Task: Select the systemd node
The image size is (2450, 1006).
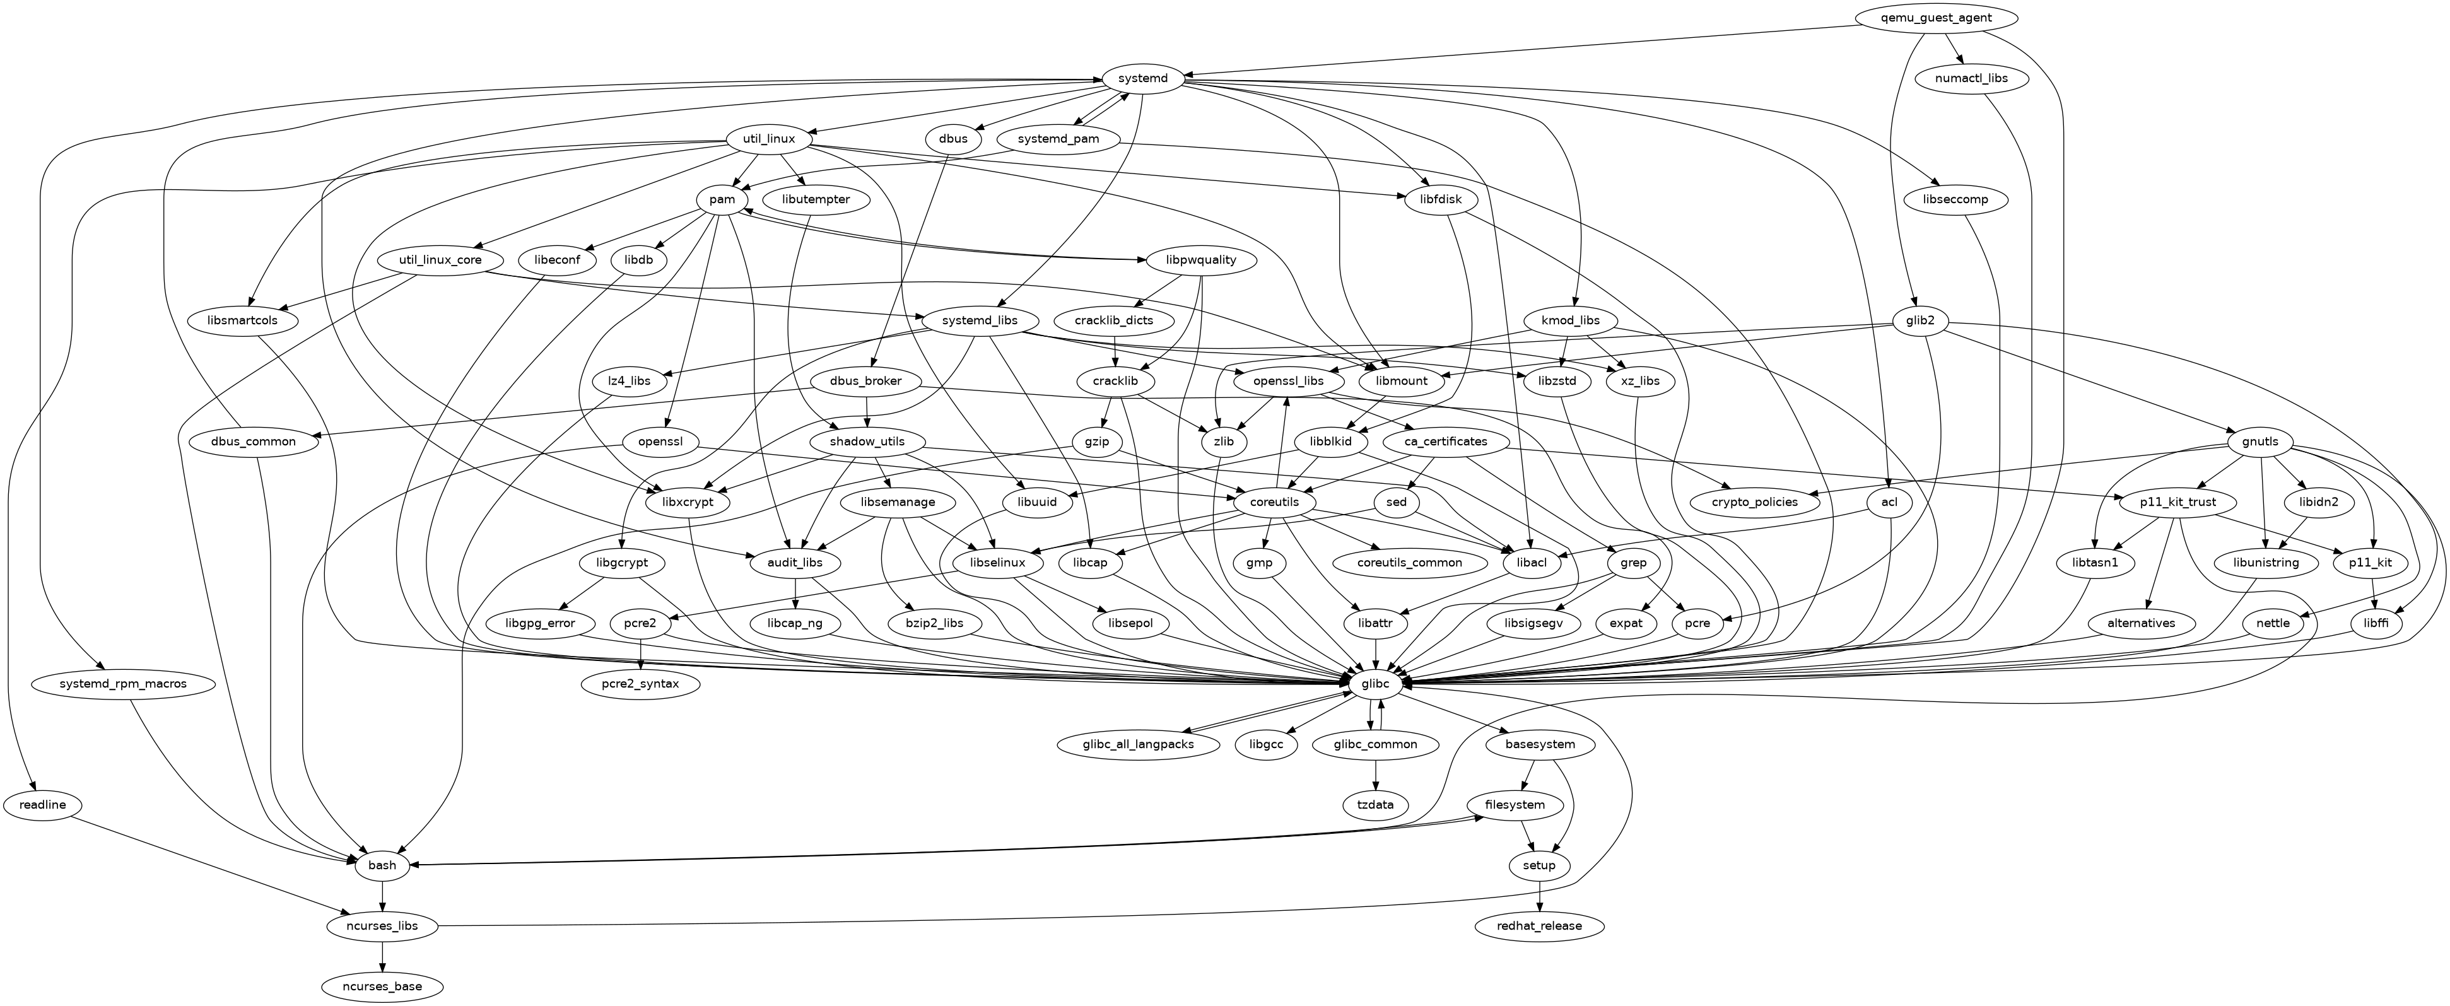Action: tap(1143, 78)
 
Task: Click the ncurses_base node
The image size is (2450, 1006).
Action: tap(382, 986)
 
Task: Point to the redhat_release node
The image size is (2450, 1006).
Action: tap(1540, 925)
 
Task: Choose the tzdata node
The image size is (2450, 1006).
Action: tap(1375, 804)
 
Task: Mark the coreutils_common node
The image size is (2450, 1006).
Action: tap(1410, 563)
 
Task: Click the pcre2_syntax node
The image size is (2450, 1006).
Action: tap(642, 684)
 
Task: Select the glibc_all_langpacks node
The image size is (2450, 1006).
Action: tap(1139, 744)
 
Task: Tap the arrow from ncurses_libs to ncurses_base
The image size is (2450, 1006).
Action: tap(382, 956)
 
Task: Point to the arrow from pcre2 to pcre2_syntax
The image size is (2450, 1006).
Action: tap(642, 654)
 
